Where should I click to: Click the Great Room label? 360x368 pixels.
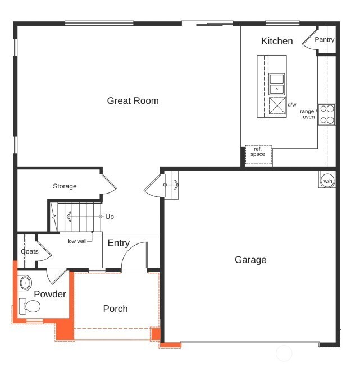[x=133, y=101]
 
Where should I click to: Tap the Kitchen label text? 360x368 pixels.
[x=277, y=41]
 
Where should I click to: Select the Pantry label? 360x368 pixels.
[x=324, y=39]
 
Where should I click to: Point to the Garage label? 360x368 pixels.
[x=250, y=260]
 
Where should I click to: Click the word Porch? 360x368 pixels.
[x=115, y=309]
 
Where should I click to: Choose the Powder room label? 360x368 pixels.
[x=50, y=295]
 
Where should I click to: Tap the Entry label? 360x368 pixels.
[x=119, y=243]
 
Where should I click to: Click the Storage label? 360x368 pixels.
[x=65, y=186]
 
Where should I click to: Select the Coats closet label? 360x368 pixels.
[x=30, y=251]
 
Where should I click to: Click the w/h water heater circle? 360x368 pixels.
[x=327, y=180]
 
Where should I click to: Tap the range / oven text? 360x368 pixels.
[x=308, y=114]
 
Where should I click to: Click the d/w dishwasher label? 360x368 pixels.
[x=292, y=104]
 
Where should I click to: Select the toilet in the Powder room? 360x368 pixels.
[x=31, y=306]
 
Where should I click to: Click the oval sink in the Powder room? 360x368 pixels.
[x=25, y=283]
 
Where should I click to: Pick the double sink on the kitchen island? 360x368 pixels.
[x=277, y=84]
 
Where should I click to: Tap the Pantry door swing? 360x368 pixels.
[x=309, y=42]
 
